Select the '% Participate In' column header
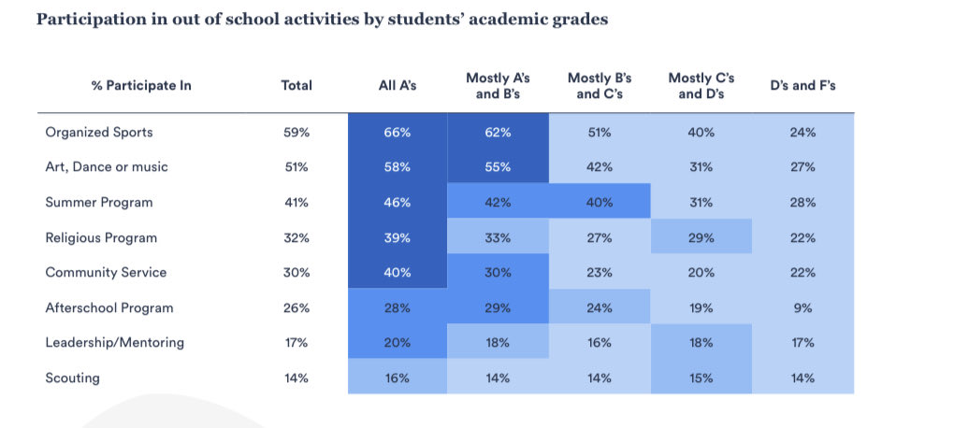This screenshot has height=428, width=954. (141, 85)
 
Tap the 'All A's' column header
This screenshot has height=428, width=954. (397, 85)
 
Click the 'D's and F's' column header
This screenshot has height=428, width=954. (802, 85)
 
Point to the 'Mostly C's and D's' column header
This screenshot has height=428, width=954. (701, 85)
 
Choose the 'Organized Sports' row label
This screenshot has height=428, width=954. (99, 133)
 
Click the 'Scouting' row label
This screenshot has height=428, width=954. (73, 378)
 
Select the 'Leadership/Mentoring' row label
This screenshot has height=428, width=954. (115, 342)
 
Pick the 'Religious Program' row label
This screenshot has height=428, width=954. (101, 237)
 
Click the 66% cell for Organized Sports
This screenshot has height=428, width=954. (397, 133)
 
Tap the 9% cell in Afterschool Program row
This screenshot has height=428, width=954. (802, 307)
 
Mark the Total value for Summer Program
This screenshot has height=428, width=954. (296, 202)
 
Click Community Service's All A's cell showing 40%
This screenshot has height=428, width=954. (397, 272)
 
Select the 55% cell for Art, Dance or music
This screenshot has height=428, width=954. (498, 167)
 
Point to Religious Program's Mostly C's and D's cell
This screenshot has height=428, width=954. (701, 237)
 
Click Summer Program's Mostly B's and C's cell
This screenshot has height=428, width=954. (600, 202)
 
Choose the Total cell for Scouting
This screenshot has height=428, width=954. (296, 378)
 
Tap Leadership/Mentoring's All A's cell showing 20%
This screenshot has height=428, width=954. (397, 342)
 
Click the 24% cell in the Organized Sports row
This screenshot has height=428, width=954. (802, 133)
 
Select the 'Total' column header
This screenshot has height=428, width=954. (296, 85)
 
